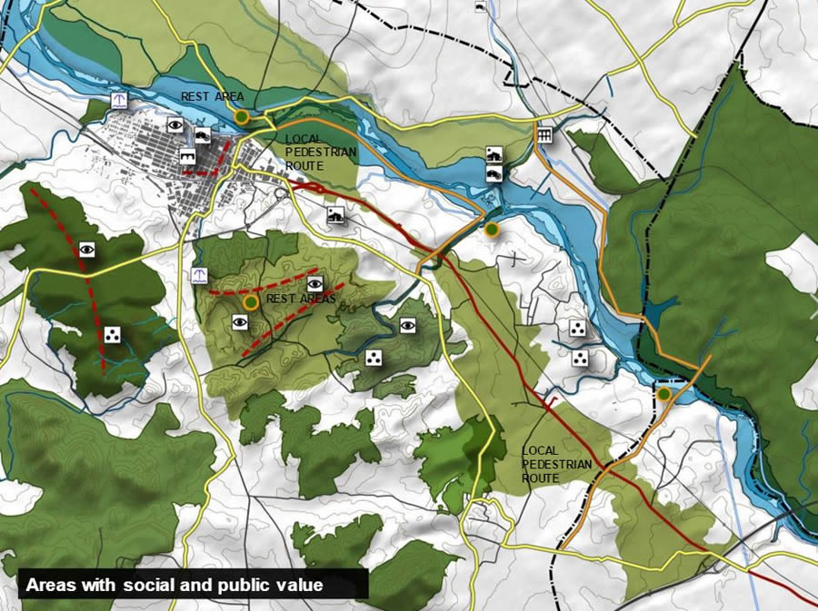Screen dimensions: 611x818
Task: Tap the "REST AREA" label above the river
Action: coord(212,96)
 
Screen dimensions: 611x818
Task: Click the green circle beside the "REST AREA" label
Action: coord(242,117)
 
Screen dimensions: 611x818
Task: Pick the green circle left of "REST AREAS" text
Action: coord(250,302)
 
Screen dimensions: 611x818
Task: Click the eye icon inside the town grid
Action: coord(175,126)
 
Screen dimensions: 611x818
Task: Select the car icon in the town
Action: coord(203,136)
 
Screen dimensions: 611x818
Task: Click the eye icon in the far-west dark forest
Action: coord(87,248)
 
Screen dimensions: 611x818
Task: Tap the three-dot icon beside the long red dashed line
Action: coord(112,335)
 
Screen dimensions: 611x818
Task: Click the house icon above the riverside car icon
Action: coord(494,153)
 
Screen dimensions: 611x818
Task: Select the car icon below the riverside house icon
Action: coord(494,172)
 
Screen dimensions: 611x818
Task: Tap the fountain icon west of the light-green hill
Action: coord(199,275)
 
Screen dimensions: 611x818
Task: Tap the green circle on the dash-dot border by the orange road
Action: coord(664,393)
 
